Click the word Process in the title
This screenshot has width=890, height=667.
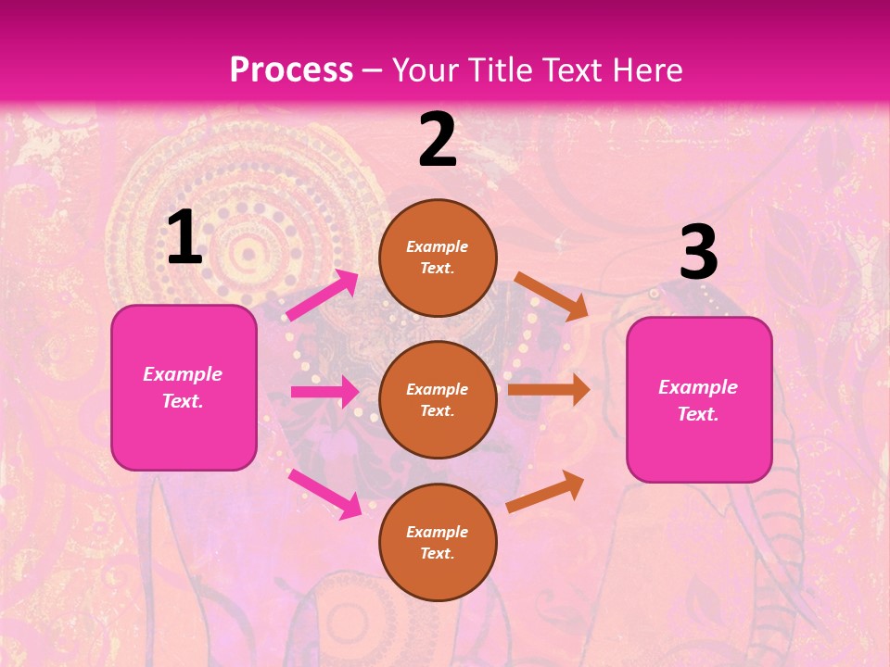pos(291,70)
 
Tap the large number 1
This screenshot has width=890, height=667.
pos(184,238)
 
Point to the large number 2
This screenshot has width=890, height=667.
pos(438,140)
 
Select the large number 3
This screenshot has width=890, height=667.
pos(698,253)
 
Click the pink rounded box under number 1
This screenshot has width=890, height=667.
pos(184,387)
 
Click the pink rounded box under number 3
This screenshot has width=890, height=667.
pos(699,400)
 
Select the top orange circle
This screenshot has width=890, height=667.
pos(438,258)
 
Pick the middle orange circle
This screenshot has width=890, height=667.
pos(438,399)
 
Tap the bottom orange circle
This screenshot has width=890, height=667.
pos(438,542)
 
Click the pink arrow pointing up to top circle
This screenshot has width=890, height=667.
pos(323,296)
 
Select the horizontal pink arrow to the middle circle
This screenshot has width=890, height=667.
pos(324,392)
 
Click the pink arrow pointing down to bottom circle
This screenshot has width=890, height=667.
pos(324,493)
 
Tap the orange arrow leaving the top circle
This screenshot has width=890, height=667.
pos(552,296)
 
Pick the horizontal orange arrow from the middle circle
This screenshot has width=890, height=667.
pos(549,390)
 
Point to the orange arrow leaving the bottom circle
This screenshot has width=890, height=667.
pos(546,491)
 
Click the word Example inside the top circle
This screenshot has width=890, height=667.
pos(438,246)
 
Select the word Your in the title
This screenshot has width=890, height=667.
pos(424,70)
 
